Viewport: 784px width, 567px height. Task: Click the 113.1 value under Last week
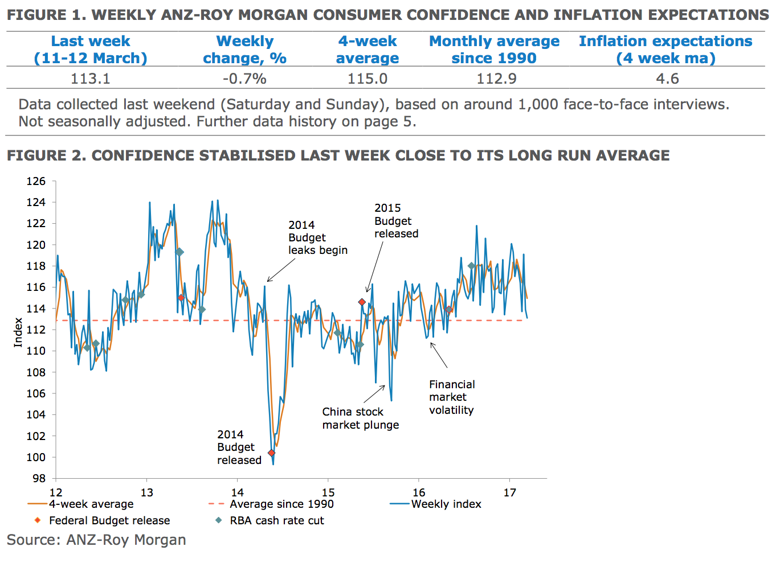pos(90,79)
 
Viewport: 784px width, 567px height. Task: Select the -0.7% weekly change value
pos(244,79)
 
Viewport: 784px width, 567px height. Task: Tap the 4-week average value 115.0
pos(367,79)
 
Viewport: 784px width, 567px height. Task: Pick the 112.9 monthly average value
pos(496,79)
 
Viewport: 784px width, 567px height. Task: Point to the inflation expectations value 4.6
pos(667,79)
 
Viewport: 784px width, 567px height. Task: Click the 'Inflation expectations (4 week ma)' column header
pos(665,50)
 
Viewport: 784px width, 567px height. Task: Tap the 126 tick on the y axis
pos(36,181)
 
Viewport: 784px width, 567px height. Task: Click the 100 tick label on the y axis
pos(36,457)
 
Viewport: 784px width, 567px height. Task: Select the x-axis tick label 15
pos(328,492)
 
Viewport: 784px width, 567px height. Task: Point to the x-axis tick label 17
pos(509,492)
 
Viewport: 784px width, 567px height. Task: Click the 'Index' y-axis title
pos(18,332)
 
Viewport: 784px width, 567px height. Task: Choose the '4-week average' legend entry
pos(91,504)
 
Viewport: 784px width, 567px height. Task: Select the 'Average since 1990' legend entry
pos(281,504)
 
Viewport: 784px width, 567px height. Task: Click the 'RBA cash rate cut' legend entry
pos(277,520)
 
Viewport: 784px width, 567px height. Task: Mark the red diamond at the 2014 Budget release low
pos(272,453)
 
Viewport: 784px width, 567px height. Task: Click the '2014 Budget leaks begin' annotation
pos(317,237)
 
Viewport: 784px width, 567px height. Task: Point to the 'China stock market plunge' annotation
pos(360,418)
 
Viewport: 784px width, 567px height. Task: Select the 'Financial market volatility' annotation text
pos(451,397)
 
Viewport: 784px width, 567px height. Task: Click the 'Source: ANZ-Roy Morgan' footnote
pos(96,540)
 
